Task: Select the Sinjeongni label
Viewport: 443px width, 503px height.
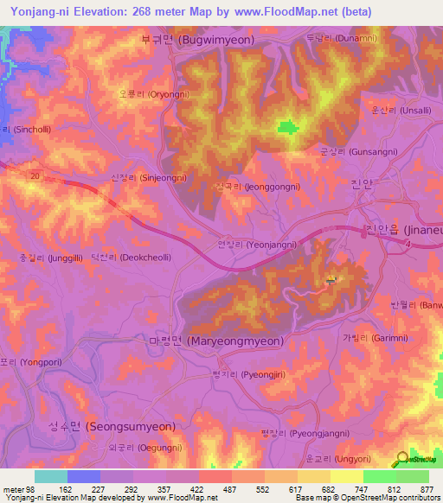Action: coord(149,177)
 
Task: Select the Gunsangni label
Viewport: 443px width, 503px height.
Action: coord(344,150)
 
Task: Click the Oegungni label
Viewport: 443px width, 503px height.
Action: coord(145,448)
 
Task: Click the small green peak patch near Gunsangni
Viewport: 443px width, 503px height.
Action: coord(287,128)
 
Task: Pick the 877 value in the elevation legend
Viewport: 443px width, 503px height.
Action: coord(427,488)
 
